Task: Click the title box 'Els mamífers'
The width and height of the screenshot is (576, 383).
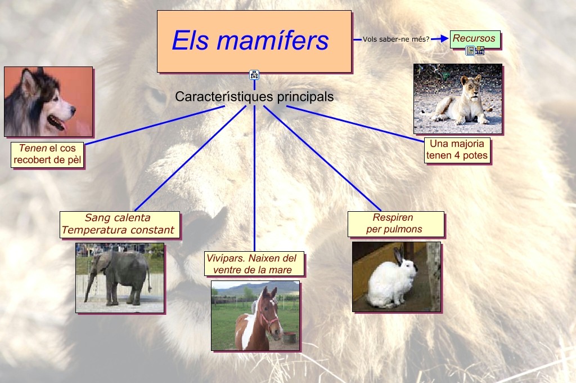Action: [254, 41]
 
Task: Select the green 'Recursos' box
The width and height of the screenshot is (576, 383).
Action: [474, 39]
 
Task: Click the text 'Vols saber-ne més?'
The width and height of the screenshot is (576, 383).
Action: [395, 39]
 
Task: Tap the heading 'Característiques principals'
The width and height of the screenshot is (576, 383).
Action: [254, 97]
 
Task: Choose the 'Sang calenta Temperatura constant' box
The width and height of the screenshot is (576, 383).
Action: [119, 224]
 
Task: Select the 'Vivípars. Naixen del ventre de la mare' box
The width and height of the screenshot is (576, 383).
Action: [255, 264]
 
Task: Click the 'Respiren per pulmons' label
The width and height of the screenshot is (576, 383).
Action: [395, 224]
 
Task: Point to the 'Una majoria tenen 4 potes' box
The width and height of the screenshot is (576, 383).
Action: [457, 150]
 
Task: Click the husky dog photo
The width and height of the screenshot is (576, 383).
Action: [48, 101]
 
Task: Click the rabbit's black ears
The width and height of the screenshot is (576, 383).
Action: [399, 256]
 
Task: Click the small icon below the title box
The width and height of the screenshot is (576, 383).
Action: [254, 74]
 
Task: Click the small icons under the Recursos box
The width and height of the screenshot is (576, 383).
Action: [475, 51]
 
